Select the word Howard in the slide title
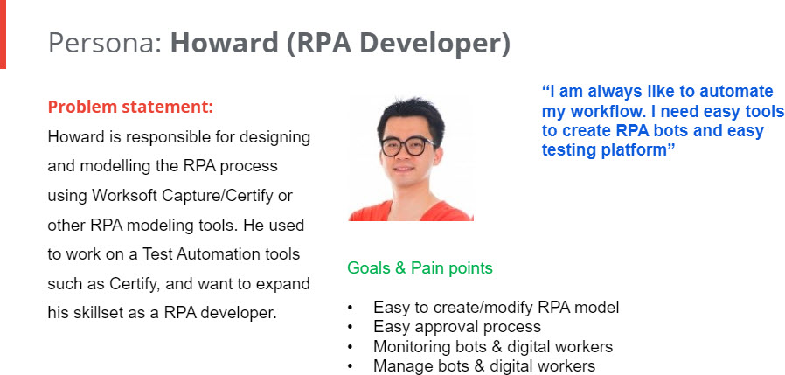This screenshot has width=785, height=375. [224, 43]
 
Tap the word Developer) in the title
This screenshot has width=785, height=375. [435, 44]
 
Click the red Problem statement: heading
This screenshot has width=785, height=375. [130, 107]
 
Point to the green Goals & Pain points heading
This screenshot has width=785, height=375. [420, 268]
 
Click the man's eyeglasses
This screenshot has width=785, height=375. [408, 146]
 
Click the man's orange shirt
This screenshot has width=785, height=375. [411, 212]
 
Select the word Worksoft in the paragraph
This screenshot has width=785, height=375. [124, 195]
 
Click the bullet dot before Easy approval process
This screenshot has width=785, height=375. [350, 328]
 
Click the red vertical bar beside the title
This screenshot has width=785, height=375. [3, 34]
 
